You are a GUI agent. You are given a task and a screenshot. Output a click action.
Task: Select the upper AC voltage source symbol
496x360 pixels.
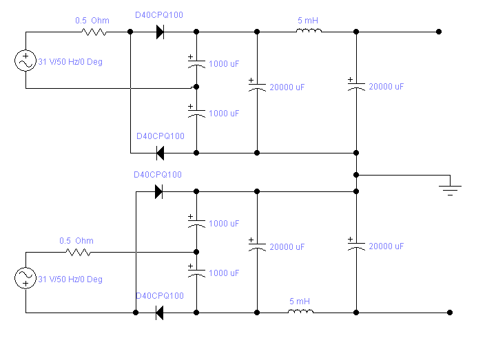pyautogui.click(x=25, y=61)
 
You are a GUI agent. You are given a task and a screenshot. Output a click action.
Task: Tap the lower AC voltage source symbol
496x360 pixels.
pyautogui.click(x=25, y=278)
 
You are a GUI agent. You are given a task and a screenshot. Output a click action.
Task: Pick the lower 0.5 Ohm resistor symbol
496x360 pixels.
pyautogui.click(x=77, y=252)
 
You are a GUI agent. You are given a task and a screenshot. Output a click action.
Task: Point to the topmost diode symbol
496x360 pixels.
pyautogui.click(x=160, y=32)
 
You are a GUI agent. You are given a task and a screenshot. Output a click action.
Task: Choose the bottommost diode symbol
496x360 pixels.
pyautogui.click(x=159, y=313)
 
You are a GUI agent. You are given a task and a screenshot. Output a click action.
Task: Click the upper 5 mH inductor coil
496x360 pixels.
pyautogui.click(x=309, y=31)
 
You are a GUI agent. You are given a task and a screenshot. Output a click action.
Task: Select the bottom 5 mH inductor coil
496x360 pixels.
pyautogui.click(x=300, y=312)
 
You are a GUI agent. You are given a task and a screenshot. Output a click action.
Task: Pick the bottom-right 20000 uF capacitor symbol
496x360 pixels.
pyautogui.click(x=356, y=245)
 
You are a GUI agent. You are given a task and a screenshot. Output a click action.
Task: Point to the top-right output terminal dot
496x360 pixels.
pyautogui.click(x=439, y=32)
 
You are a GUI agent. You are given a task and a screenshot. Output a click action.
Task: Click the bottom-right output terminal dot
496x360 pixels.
pyautogui.click(x=450, y=313)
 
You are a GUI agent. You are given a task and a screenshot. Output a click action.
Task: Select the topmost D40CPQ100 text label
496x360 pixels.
pyautogui.click(x=159, y=14)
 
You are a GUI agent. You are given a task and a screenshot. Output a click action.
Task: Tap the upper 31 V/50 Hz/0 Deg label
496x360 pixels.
pyautogui.click(x=70, y=62)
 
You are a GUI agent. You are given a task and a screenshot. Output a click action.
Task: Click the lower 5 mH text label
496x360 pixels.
pyautogui.click(x=300, y=301)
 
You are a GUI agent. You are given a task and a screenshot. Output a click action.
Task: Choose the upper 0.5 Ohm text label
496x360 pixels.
pyautogui.click(x=92, y=21)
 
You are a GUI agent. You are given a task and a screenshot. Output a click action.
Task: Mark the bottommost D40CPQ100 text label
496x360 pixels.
pyautogui.click(x=159, y=295)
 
